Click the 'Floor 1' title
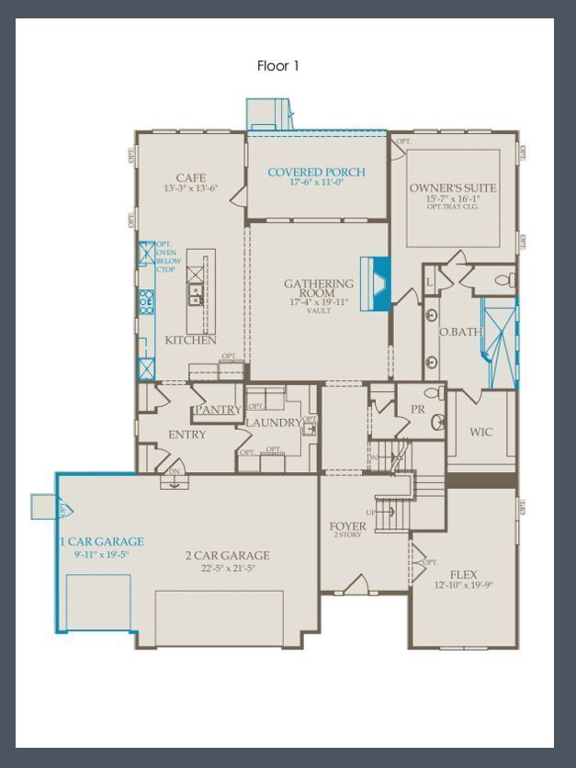coord(277,66)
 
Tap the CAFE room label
coord(191,177)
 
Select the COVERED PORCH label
coord(316,172)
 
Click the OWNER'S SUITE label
coord(453,188)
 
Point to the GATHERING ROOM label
coord(318,288)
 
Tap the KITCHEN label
coord(190,340)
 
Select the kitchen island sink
coord(196,294)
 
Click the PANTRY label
coord(218,410)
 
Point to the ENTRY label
coord(187,435)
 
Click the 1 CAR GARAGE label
coord(101,542)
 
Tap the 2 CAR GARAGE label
coord(228,555)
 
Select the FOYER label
coord(347,526)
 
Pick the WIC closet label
coord(480,432)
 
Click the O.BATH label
coord(459,332)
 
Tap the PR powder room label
coord(417,410)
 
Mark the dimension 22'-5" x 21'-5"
coord(228,569)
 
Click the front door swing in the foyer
coord(359,584)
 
